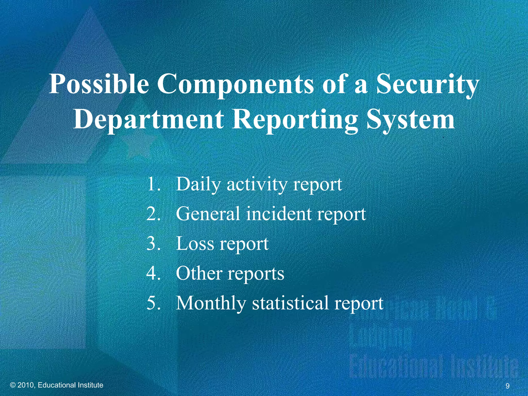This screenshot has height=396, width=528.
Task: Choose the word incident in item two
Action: (x=279, y=214)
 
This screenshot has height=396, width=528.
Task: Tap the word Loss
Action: (x=195, y=243)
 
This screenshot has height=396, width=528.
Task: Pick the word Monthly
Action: (x=211, y=303)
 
